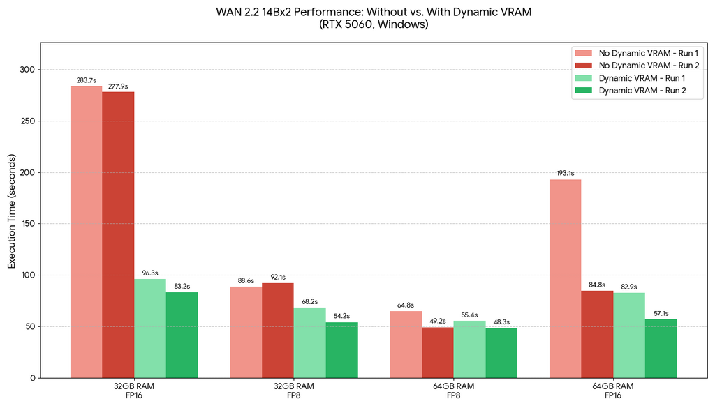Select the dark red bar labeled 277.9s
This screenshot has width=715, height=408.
(118, 234)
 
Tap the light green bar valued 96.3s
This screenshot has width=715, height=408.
(150, 328)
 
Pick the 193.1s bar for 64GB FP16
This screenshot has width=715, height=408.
(565, 278)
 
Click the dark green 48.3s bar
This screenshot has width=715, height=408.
(501, 353)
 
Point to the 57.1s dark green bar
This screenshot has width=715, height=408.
(661, 348)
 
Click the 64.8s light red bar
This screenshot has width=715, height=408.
(406, 344)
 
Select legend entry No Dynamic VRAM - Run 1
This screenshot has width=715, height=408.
(649, 53)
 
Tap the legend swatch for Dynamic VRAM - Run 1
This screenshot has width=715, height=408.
(583, 78)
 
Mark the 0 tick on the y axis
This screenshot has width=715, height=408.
(32, 378)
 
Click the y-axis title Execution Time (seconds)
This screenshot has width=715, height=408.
(11, 223)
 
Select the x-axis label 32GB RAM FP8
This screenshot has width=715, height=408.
(294, 391)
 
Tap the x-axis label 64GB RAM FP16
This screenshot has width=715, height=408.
(613, 391)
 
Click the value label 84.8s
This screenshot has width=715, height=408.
(597, 285)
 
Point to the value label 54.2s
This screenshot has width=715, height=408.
(341, 316)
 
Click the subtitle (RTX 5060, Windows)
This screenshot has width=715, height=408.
(373, 24)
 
